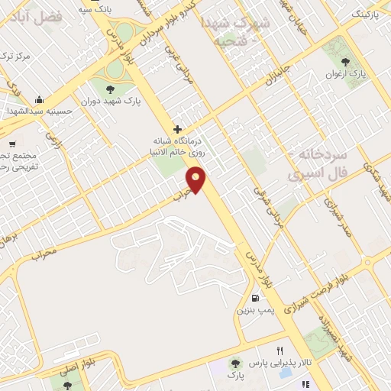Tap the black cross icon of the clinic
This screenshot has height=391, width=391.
(178, 129)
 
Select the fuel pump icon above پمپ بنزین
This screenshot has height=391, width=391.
(254, 297)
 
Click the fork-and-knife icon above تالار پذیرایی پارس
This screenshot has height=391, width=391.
(280, 349)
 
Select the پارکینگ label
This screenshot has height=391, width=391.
(366, 14)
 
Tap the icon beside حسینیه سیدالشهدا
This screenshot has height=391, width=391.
(40, 99)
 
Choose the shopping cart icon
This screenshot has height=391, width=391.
(11, 144)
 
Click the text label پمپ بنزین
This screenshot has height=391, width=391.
(254, 310)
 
